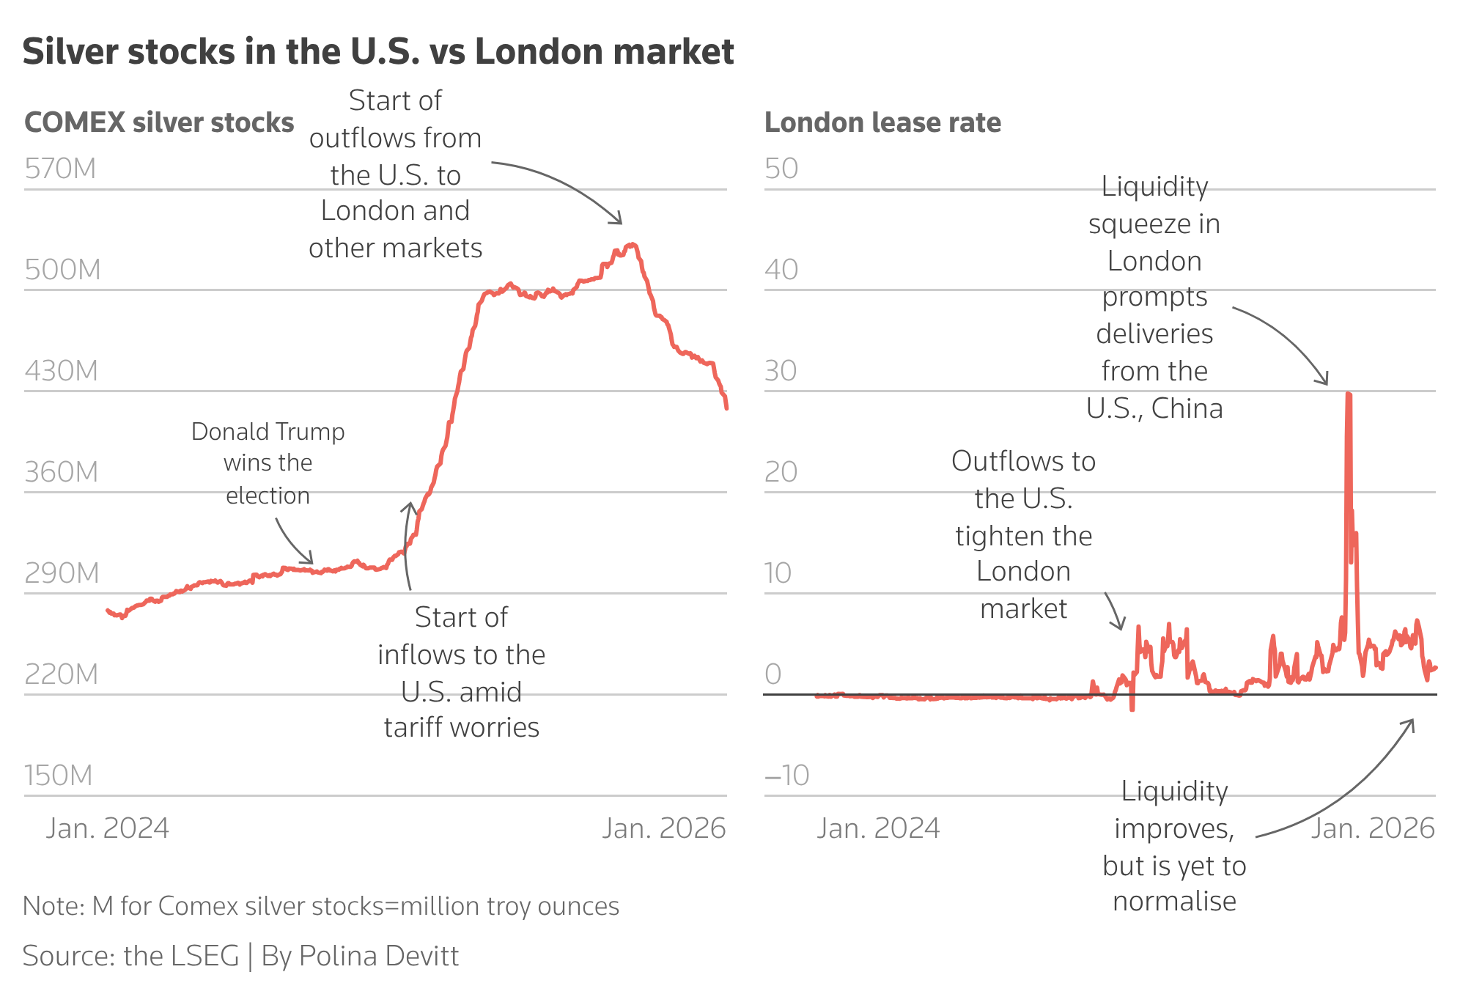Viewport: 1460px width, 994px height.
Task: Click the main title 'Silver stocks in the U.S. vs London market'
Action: [x=377, y=52]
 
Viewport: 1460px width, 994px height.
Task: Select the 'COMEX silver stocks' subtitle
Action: [x=159, y=122]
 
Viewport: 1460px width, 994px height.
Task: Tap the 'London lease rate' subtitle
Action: [x=882, y=122]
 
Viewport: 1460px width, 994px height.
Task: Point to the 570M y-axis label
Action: [x=60, y=169]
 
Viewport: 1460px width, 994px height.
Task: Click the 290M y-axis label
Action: [x=62, y=573]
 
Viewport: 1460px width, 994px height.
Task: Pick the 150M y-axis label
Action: [x=59, y=775]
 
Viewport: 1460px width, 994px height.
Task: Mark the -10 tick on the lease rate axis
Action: [x=786, y=775]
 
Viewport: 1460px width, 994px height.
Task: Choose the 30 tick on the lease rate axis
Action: [x=781, y=371]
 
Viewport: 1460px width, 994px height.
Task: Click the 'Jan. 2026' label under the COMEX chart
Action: [x=663, y=828]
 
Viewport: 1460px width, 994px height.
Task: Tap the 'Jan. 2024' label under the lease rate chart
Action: [x=878, y=828]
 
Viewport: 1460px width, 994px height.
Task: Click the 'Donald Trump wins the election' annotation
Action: [x=268, y=463]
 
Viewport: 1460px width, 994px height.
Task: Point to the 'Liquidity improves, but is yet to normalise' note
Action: [x=1174, y=847]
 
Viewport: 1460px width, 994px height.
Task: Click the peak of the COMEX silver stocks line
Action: [x=632, y=245]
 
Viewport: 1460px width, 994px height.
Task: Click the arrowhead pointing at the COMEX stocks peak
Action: [x=619, y=220]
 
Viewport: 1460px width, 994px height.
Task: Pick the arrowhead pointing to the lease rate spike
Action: [x=1324, y=381]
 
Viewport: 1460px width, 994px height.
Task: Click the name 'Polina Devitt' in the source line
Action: [x=378, y=956]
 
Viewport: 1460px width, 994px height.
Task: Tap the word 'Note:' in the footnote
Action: [x=54, y=906]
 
